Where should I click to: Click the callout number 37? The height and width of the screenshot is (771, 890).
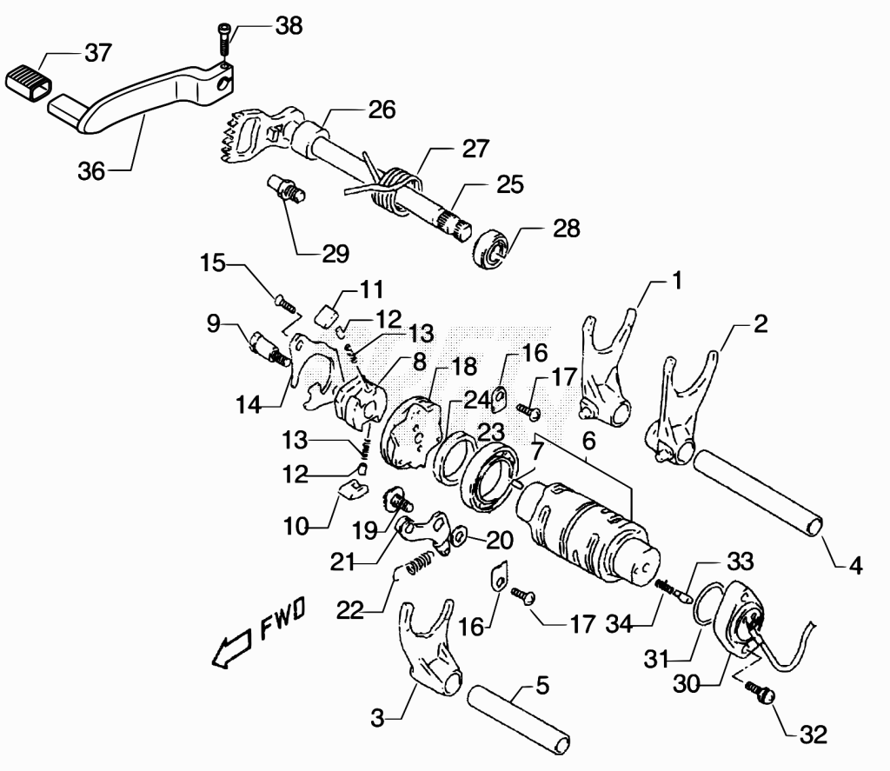(x=98, y=53)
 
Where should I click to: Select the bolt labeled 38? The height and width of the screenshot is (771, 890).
(x=223, y=40)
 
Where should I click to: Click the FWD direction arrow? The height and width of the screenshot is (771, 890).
(x=230, y=648)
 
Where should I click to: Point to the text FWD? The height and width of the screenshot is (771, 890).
(x=282, y=618)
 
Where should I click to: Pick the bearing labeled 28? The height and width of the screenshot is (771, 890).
(x=489, y=249)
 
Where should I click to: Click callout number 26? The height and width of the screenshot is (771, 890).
(x=382, y=110)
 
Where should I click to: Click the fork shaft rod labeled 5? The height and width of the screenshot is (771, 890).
(x=518, y=720)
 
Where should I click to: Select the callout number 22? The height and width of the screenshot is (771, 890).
(x=349, y=611)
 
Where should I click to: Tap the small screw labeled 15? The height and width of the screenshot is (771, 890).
(x=286, y=302)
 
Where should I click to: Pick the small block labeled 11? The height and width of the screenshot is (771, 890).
(x=328, y=316)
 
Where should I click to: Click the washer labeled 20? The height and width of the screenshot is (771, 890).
(x=457, y=535)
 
